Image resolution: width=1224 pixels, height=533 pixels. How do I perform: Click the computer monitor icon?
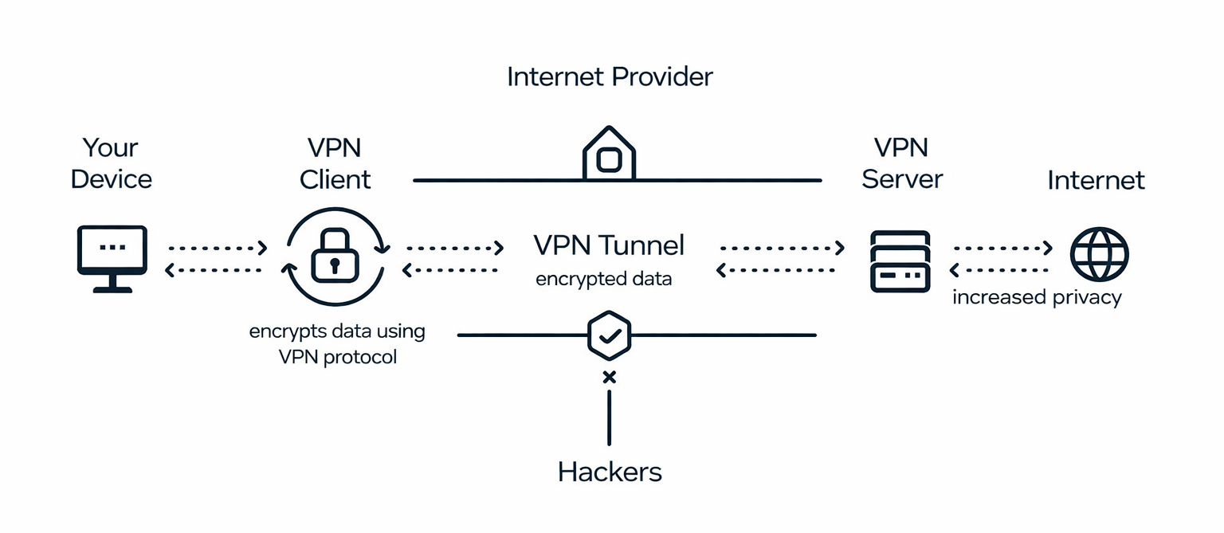pos(112,257)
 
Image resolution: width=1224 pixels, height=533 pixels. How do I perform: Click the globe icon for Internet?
pos(1099,254)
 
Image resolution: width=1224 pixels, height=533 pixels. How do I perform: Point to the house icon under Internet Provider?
pos(609,154)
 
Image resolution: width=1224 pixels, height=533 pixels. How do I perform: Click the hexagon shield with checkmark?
pos(609,335)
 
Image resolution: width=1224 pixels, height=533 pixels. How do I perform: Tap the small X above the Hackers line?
pos(610,377)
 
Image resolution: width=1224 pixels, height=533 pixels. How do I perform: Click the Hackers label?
pos(610,472)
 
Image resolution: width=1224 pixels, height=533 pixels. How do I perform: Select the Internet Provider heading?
pos(610,77)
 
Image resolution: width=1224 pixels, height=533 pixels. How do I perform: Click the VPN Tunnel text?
pos(609,245)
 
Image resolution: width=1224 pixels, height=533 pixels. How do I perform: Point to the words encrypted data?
pos(603,280)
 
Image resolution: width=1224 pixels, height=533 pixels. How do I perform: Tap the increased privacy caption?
pos(1037,297)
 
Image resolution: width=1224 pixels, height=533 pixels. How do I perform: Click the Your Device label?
pos(111,163)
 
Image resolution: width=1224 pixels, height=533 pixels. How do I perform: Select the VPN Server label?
pos(902,163)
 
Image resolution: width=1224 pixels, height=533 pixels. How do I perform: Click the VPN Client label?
pos(335,163)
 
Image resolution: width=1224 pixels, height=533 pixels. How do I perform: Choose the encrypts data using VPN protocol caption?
pos(337,343)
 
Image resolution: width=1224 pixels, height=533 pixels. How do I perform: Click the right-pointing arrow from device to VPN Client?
pos(217,248)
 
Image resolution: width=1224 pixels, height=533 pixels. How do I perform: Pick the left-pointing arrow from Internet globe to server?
pos(1002,270)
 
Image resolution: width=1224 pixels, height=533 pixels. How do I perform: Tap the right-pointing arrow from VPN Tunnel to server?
pos(781,248)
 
